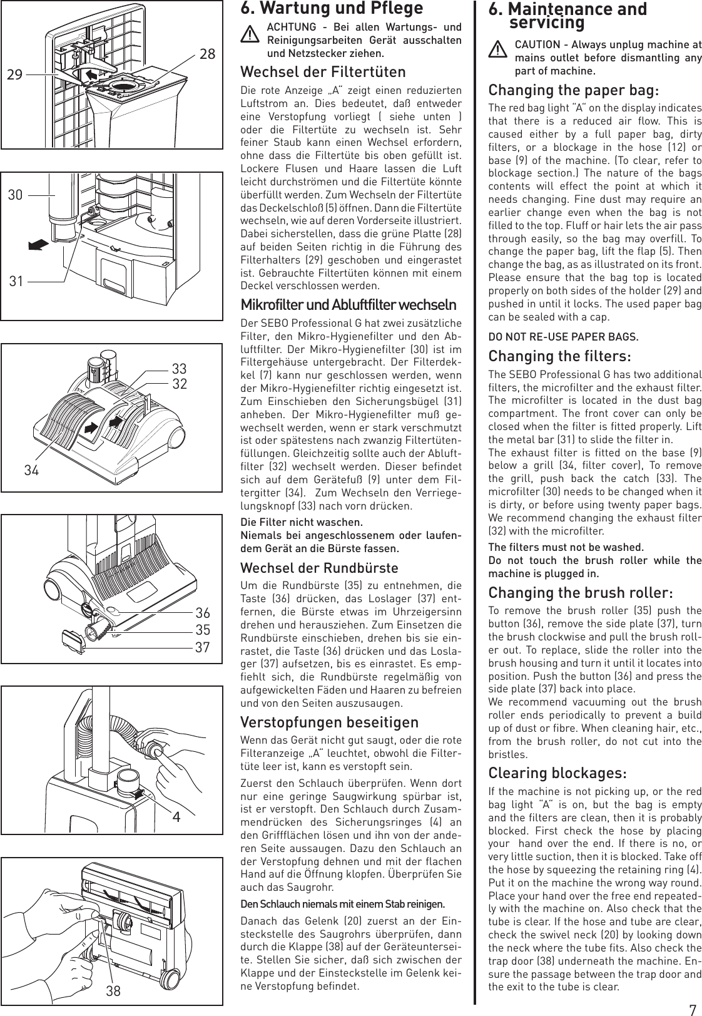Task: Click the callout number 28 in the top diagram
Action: (207, 54)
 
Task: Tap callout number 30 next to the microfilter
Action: (16, 195)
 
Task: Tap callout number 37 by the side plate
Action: (202, 647)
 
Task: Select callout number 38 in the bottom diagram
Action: (113, 991)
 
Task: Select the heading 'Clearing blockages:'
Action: (557, 773)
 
